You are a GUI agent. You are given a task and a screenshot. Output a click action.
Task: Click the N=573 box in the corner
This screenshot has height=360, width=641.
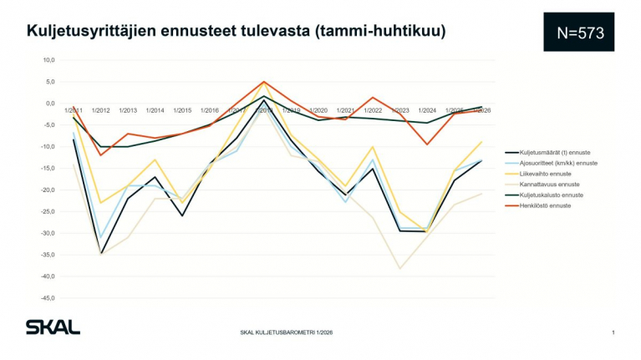(x=578, y=32)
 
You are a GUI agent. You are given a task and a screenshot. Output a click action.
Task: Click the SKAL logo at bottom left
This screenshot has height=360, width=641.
(x=52, y=327)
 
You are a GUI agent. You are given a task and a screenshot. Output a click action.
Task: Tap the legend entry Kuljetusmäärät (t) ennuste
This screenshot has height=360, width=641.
(x=555, y=152)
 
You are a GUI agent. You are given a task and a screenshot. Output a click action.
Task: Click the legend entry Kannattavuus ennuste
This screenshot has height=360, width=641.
(x=550, y=184)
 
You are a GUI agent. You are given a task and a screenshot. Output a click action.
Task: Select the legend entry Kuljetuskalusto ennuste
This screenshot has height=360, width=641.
(x=552, y=195)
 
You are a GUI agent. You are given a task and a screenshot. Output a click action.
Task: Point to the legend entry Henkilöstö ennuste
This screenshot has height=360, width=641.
(x=547, y=205)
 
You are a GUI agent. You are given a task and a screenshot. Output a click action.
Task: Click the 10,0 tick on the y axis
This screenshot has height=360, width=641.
(x=48, y=60)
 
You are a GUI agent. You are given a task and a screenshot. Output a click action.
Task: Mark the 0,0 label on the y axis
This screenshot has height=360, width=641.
(x=49, y=104)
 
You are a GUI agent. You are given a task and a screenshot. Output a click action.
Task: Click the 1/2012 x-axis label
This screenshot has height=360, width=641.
(x=101, y=110)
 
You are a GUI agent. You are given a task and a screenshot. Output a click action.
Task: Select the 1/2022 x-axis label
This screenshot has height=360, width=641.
(x=373, y=110)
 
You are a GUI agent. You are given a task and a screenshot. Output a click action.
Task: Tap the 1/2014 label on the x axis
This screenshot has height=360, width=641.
(x=155, y=110)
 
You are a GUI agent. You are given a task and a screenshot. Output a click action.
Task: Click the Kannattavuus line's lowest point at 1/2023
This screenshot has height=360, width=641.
(x=400, y=268)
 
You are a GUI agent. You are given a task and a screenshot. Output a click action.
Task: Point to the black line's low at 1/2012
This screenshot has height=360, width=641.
(x=101, y=253)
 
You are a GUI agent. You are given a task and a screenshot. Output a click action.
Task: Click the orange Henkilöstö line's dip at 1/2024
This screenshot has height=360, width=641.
(x=427, y=145)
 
